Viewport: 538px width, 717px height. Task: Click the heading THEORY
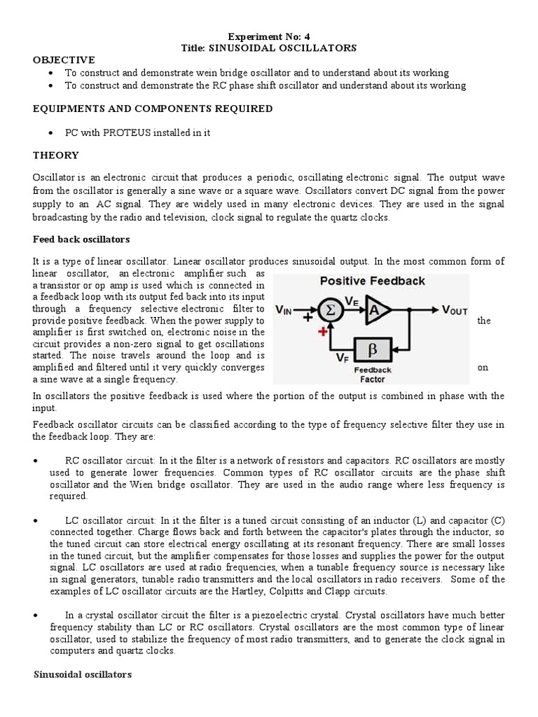tap(55, 155)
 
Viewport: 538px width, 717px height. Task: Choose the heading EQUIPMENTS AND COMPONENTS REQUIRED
tap(153, 109)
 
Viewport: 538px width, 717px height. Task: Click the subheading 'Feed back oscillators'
tap(81, 239)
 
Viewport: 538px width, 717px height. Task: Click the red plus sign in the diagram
tap(323, 331)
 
